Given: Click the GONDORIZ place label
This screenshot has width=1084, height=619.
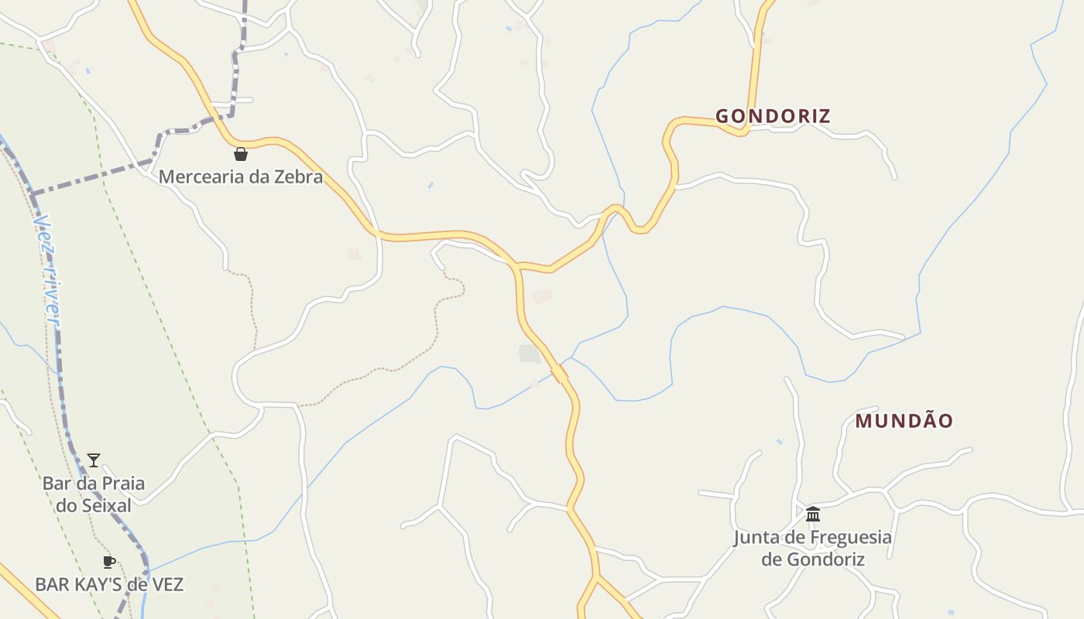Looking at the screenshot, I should (x=773, y=117).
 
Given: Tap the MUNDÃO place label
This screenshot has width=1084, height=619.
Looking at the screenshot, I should (x=904, y=421).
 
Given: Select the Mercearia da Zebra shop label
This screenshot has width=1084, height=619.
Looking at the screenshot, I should (x=240, y=177).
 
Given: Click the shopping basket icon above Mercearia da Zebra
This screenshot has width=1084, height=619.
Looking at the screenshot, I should (x=241, y=154).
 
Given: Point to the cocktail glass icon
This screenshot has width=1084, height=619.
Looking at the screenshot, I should (x=94, y=460).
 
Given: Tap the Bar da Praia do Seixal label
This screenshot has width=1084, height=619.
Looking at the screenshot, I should (x=93, y=494).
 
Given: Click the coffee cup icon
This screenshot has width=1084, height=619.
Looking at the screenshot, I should (x=109, y=562).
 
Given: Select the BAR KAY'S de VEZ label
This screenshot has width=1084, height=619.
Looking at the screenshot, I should (x=109, y=584).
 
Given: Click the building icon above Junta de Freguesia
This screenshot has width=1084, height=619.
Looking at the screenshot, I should (x=813, y=514).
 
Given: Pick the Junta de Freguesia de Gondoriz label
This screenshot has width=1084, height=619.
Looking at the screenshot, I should (x=813, y=548).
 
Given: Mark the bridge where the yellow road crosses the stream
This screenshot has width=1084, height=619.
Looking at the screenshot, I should (x=559, y=374).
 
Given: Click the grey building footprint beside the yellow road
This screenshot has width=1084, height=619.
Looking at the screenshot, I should (x=530, y=354).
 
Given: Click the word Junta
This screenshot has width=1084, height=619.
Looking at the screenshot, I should (x=756, y=537).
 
